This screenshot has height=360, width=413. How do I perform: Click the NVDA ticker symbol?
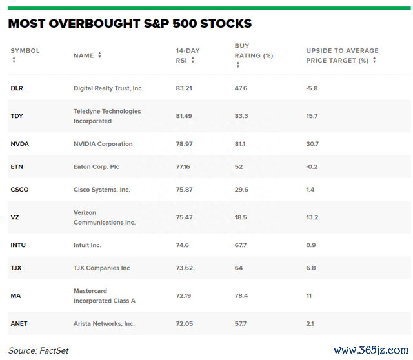[x=20, y=144]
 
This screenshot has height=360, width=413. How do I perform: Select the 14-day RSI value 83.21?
[x=184, y=88]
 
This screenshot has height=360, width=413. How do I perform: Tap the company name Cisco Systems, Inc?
[x=102, y=190]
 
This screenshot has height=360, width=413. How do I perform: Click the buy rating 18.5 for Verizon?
[x=241, y=217]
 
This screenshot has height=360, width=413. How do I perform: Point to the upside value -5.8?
[x=312, y=88]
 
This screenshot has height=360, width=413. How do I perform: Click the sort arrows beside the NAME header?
[x=99, y=55]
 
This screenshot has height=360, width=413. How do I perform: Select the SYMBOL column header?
[x=25, y=50]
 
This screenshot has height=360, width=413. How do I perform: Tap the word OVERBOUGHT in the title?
[x=95, y=23]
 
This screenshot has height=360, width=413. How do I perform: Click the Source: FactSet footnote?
[x=39, y=350]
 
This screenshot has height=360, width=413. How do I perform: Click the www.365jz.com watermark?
[x=371, y=350]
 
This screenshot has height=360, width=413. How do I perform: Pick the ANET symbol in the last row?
[x=19, y=323]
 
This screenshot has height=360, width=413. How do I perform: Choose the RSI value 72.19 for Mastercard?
[x=183, y=295]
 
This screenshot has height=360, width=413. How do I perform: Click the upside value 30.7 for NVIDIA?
[x=312, y=144]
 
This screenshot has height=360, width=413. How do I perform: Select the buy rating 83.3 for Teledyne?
[x=241, y=116]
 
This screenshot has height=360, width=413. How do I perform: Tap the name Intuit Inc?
[x=87, y=245]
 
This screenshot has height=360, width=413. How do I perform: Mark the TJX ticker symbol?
[x=15, y=268]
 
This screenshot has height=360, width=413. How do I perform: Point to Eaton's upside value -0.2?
[x=312, y=166]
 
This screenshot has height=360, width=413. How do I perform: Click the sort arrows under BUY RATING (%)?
[x=238, y=65]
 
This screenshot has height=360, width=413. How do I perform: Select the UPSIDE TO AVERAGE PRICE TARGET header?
[x=342, y=55]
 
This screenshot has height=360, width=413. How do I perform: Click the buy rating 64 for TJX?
[x=239, y=268]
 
